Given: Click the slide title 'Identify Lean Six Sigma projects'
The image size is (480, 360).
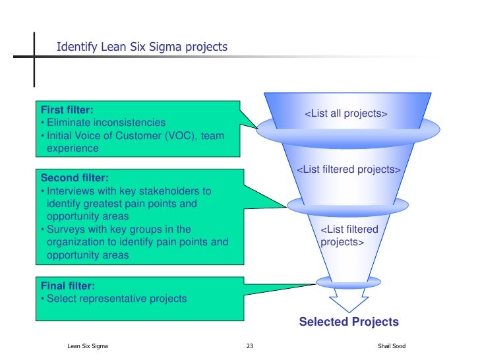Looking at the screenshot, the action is tap(142, 47).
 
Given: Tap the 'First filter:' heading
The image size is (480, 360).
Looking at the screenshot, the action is tap(67, 110).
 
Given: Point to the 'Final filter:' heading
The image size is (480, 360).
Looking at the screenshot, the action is tap(68, 286).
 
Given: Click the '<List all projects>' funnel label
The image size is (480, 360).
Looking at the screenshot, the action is tap(345, 114).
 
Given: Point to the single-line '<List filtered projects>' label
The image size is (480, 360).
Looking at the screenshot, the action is tap(348, 170).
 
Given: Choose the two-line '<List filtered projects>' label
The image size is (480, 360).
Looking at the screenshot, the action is tap(349, 235).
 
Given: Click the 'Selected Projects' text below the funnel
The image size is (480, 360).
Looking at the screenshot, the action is tap(349, 322).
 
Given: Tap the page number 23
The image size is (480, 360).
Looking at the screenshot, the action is tap(249, 346).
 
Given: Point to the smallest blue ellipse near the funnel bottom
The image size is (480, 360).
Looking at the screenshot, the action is tap(348, 282).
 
